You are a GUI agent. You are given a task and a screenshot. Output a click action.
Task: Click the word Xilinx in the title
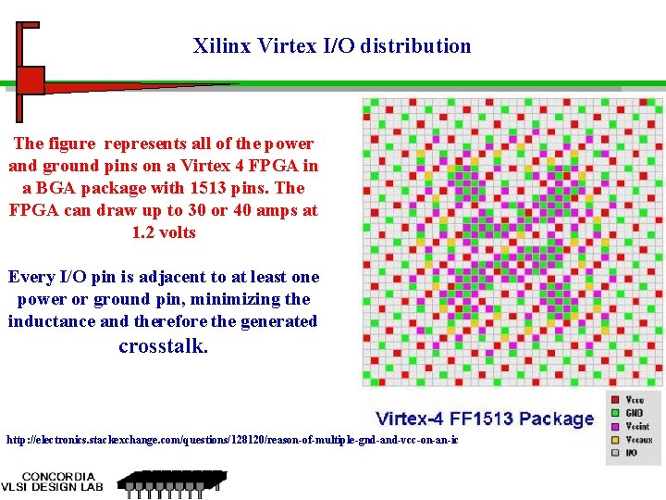pos(215,45)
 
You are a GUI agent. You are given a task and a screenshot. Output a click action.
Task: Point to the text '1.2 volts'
pos(164,232)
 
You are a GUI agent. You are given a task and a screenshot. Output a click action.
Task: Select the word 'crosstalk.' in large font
pos(164,347)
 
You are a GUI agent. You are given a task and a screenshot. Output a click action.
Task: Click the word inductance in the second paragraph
pos(52,321)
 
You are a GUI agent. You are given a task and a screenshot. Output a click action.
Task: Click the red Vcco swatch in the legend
pos(615,400)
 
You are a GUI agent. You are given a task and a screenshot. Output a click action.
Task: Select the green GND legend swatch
pos(615,414)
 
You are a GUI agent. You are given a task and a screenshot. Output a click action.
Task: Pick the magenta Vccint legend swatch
pos(615,427)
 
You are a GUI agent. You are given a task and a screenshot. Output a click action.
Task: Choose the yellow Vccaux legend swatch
pos(615,440)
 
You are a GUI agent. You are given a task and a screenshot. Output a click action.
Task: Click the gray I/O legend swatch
pos(615,453)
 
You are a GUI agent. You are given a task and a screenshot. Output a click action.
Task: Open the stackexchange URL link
pos(231,439)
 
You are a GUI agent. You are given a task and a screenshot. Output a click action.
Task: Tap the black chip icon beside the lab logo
pos(171,482)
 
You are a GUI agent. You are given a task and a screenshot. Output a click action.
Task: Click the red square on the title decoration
pos(31,81)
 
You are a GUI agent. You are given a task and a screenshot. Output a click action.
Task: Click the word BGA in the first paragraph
pos(55,188)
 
